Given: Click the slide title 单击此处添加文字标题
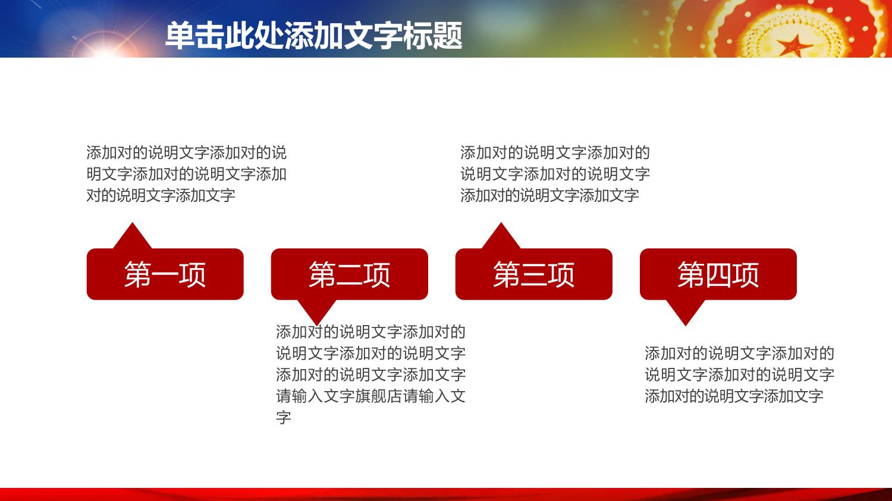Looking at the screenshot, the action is (314, 36).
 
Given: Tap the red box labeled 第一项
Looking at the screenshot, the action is (165, 274).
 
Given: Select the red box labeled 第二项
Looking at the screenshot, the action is (350, 274).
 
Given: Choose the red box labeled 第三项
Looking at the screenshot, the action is (533, 274).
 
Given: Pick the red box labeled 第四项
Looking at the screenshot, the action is (718, 274).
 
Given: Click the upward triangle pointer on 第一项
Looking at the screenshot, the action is (132, 238).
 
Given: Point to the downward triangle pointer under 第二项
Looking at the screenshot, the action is (317, 310).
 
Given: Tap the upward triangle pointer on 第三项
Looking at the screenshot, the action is (501, 238).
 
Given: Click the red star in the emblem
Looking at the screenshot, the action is (793, 46).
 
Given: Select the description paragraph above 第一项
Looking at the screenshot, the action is (186, 174).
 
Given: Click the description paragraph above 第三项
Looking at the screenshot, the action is (555, 174).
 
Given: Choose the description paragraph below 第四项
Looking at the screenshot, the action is (740, 374).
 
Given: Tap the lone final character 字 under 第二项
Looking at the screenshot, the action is (284, 417).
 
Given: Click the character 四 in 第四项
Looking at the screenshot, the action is (718, 275).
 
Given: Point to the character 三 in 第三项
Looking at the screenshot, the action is (534, 275).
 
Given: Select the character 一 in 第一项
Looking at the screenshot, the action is (165, 275).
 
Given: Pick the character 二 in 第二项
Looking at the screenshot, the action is (350, 275).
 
